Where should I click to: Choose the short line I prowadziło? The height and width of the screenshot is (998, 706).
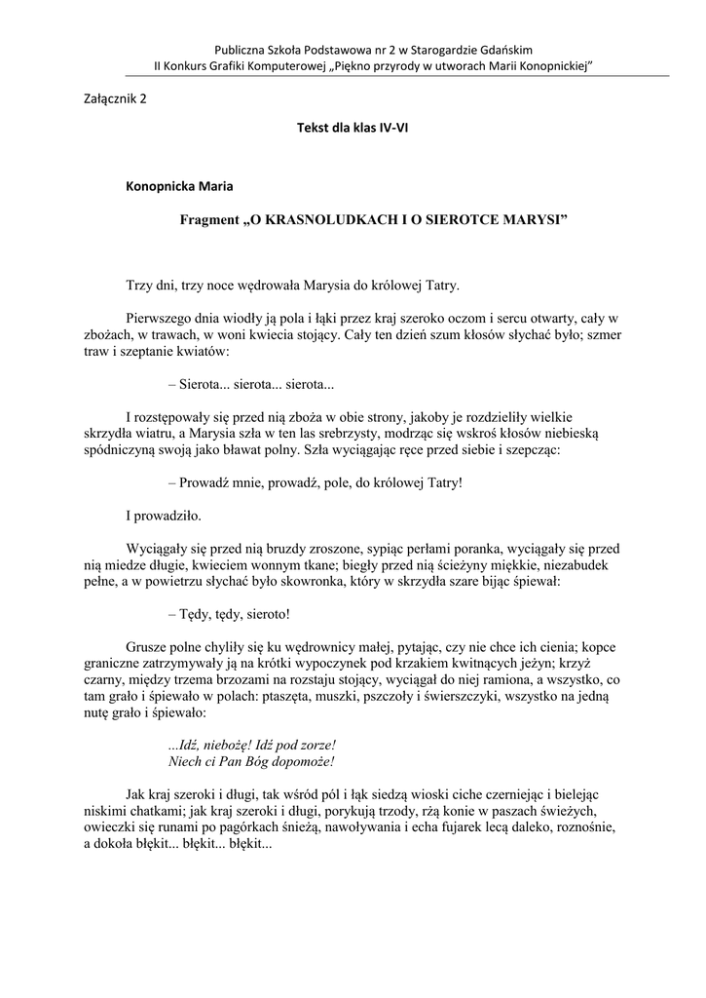click(x=164, y=515)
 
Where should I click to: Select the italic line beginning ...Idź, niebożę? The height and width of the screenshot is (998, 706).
click(x=251, y=744)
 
